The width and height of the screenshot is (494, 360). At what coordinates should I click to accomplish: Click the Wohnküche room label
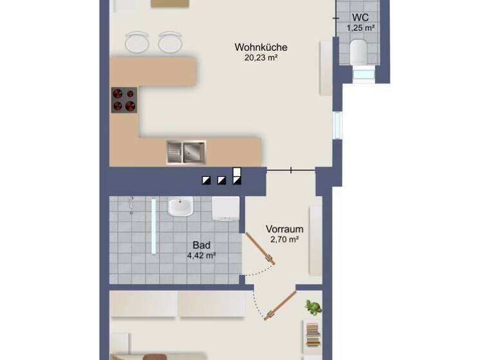point(261,47)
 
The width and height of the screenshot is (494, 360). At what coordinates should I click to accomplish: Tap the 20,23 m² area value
point(261,57)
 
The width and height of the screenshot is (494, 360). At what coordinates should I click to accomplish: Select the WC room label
point(360,17)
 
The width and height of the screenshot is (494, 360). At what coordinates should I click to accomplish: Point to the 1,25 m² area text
point(360,28)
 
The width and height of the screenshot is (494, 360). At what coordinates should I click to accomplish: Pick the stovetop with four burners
point(124,100)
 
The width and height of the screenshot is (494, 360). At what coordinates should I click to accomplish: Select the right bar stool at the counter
point(169,42)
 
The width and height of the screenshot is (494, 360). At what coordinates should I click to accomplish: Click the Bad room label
point(201,245)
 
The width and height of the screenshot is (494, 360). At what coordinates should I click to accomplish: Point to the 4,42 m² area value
point(201,255)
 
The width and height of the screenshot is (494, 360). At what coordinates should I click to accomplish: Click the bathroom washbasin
point(180,207)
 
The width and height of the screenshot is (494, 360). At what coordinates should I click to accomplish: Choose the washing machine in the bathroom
point(226,208)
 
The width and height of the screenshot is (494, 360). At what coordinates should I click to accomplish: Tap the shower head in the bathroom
point(131,205)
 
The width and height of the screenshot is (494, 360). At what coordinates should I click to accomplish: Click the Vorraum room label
point(284,229)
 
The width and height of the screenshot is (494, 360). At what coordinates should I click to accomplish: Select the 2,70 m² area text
point(284,239)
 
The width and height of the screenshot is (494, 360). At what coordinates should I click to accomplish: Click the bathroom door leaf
point(261,248)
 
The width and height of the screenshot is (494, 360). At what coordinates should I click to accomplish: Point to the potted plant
point(313,307)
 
